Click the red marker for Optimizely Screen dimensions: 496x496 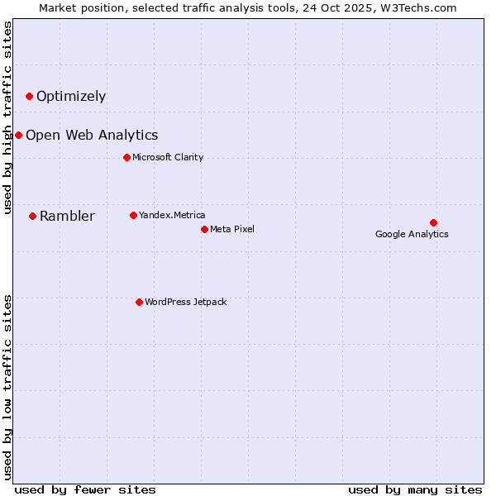tap(29, 96)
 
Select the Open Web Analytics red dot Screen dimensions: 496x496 tap(18, 135)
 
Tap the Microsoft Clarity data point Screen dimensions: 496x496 tap(126, 157)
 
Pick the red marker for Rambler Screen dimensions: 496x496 tap(32, 216)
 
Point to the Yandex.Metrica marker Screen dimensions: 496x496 tap(133, 215)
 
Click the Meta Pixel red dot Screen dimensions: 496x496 tap(204, 229)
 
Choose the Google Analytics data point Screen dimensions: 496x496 tap(433, 222)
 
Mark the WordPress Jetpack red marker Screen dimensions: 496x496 tap(139, 302)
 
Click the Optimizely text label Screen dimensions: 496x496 tap(71, 96)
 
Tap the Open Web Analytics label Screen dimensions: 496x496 tap(92, 135)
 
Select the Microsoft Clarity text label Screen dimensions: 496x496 tap(168, 157)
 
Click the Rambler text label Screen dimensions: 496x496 tap(67, 217)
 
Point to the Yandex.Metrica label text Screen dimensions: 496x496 tap(172, 215)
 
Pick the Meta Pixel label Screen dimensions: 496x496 tap(232, 229)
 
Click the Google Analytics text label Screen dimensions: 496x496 tap(412, 234)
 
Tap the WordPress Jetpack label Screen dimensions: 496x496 tap(185, 302)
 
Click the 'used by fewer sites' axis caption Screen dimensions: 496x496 tap(85, 489)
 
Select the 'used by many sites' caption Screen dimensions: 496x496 tap(415, 489)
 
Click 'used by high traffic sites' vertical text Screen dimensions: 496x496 tap(8, 117)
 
